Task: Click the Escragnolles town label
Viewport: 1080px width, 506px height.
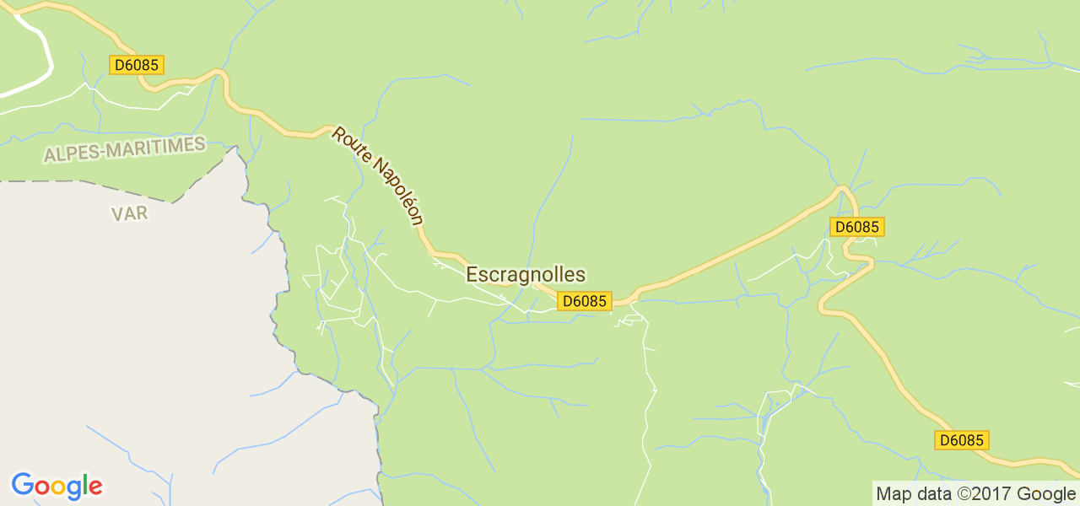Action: point(525,274)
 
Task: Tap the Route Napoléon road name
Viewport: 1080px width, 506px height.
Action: point(377,175)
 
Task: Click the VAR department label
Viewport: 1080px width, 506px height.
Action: point(129,213)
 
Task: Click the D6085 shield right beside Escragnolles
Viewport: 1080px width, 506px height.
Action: point(584,301)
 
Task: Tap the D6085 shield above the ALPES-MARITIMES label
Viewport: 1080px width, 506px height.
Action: point(137,65)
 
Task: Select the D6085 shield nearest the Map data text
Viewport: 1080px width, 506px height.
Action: point(962,440)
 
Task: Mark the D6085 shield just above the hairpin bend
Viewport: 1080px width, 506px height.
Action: point(857,227)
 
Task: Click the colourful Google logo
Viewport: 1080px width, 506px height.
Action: point(57,486)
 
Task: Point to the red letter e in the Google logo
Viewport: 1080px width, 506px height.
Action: point(94,487)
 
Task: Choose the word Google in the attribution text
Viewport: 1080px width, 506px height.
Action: point(1046,494)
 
